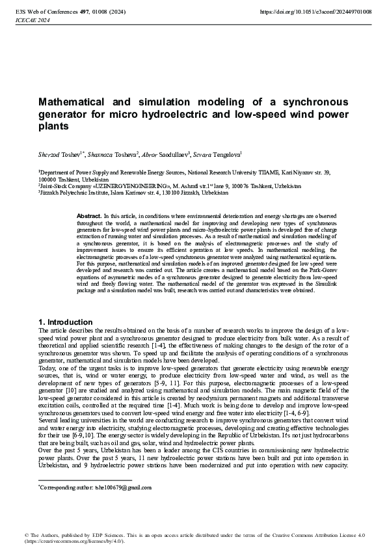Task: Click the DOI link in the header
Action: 316,11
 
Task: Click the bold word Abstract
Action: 89,215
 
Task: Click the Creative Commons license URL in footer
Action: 75,541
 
